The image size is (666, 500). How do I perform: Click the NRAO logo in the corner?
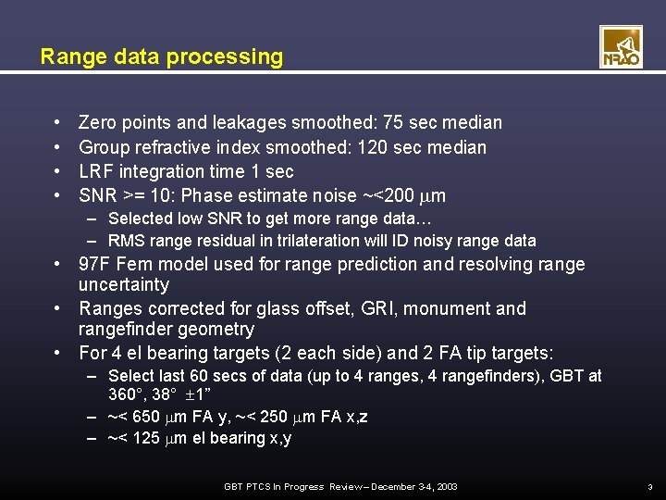click(x=621, y=47)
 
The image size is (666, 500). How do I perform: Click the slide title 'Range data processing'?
click(x=162, y=56)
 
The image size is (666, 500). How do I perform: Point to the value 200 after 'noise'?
click(x=412, y=195)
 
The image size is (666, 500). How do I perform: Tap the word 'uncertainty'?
click(x=123, y=284)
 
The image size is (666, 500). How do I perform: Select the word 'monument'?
click(x=481, y=308)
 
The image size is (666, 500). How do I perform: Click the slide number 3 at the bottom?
click(x=650, y=487)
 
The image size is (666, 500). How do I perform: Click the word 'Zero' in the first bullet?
click(x=98, y=122)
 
